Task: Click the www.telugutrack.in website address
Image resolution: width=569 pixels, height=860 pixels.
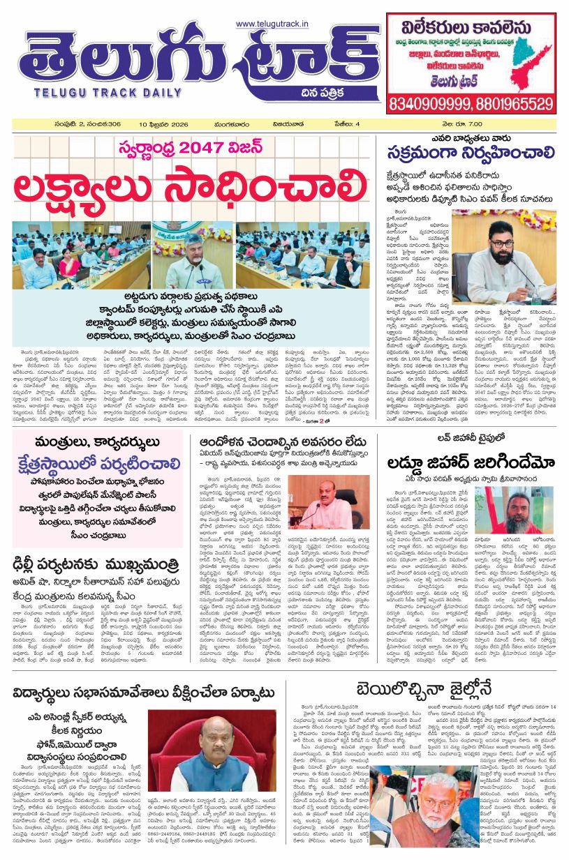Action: (272, 24)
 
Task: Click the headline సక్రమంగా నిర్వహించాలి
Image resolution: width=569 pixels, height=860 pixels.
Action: (472, 152)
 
